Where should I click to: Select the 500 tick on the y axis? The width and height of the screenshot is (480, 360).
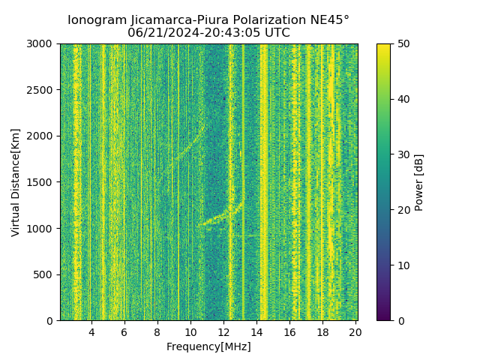coord(46,274)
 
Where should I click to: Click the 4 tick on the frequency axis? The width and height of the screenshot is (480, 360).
coord(91,331)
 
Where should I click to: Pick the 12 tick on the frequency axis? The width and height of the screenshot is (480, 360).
coord(223,331)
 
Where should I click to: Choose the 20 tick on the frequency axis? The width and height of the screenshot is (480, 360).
coord(355,331)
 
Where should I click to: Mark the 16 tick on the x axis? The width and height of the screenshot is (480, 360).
coord(289,331)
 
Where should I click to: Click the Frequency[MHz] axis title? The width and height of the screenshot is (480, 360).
coord(208,346)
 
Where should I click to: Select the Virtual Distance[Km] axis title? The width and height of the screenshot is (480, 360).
coord(16,182)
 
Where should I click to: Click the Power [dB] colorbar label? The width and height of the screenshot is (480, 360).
coord(419,182)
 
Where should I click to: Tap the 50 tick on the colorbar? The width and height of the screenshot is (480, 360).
coord(403,44)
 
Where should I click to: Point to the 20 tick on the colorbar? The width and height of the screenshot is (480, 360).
coord(403,210)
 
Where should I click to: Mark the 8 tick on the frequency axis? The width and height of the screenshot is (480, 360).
coord(157,331)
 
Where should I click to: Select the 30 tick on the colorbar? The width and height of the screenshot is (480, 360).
coord(403,154)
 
